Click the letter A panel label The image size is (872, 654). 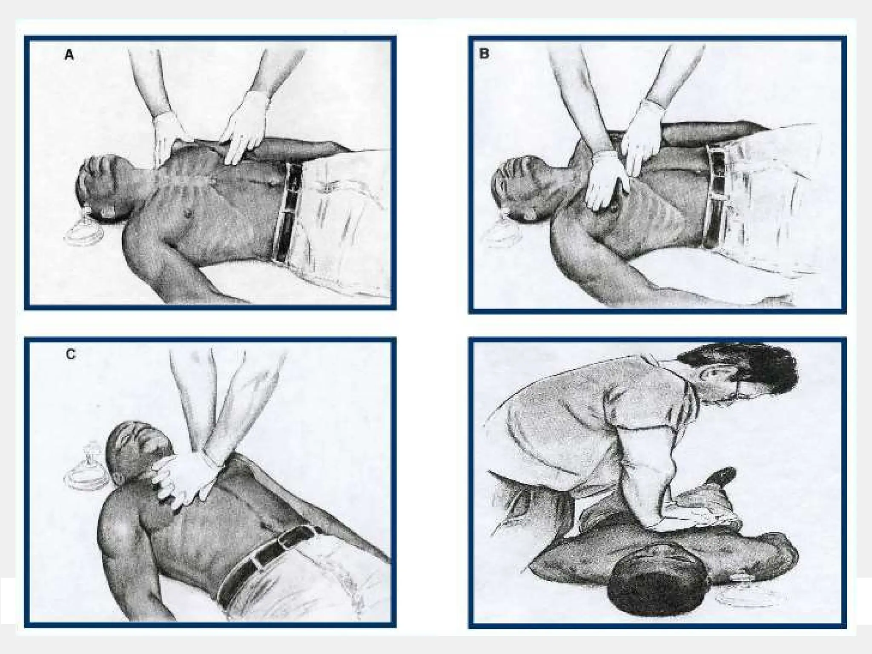tap(69, 55)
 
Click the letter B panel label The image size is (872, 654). tap(485, 54)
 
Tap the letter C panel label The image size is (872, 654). tap(71, 354)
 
